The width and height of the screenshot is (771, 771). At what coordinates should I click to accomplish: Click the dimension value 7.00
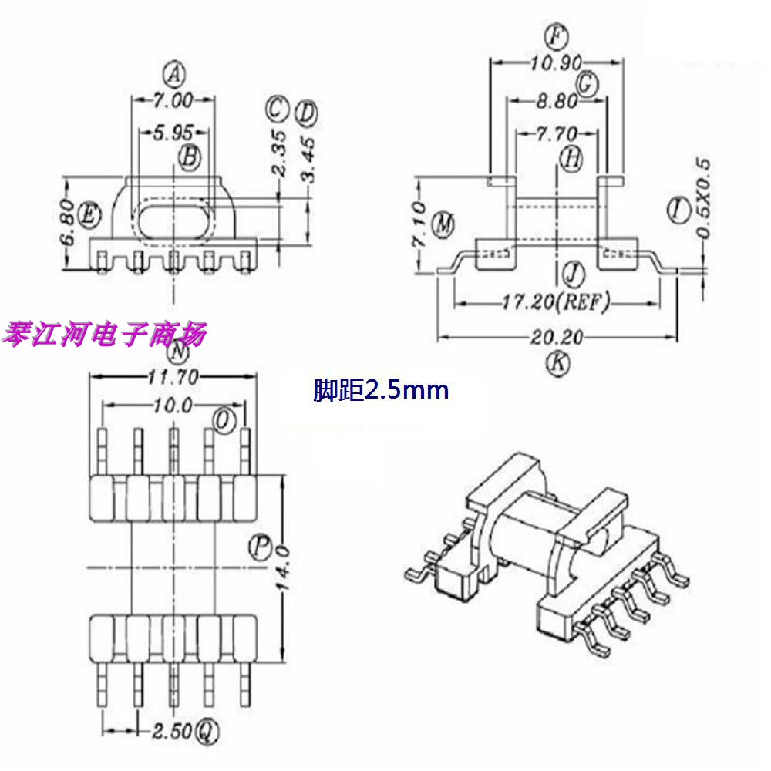click(173, 99)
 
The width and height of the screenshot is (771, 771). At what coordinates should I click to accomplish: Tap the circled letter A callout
click(176, 75)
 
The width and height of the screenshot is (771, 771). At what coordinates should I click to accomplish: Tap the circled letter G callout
click(588, 82)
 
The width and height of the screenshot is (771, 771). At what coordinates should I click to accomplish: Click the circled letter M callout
click(443, 224)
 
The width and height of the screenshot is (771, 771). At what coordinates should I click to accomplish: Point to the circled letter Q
click(207, 730)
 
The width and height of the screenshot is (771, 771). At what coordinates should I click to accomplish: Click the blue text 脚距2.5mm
click(381, 391)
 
